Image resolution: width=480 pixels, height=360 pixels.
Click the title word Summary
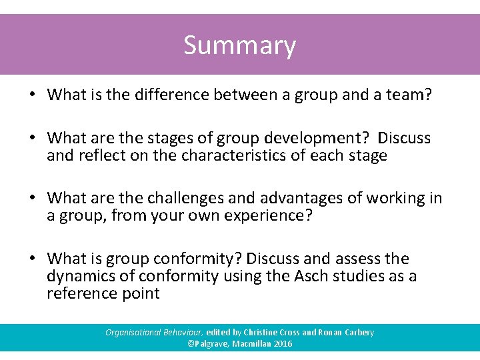pyautogui.click(x=239, y=46)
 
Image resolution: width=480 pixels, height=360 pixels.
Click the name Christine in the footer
pyautogui.click(x=265, y=332)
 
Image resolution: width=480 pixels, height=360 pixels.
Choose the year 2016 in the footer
pyautogui.click(x=282, y=344)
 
